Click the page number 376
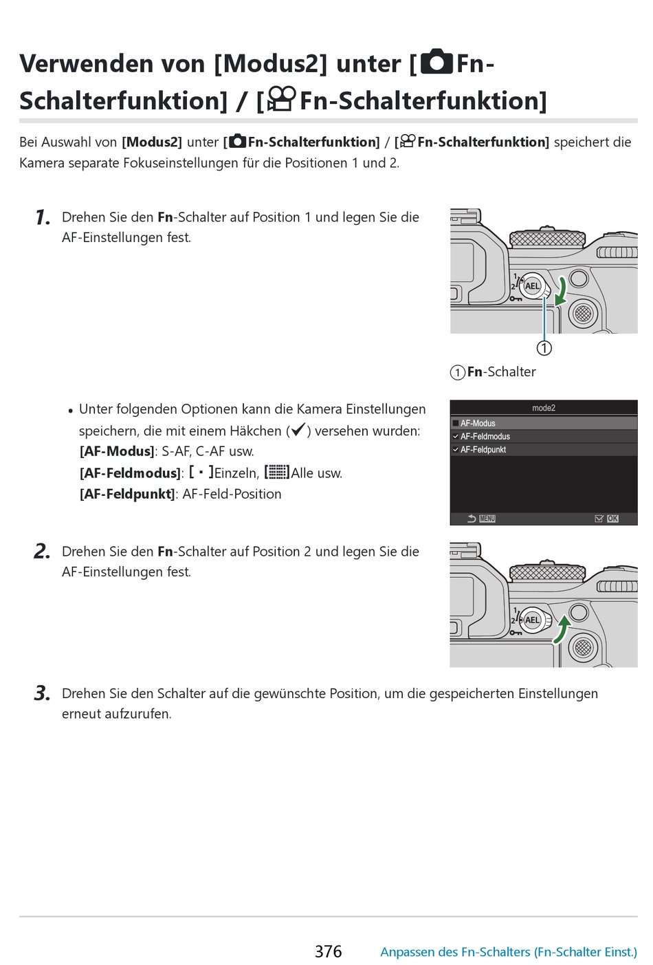pyautogui.click(x=328, y=951)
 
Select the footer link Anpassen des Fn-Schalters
pyautogui.click(x=508, y=952)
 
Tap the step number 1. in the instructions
pyautogui.click(x=43, y=218)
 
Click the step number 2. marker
pyautogui.click(x=42, y=552)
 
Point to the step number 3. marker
pyautogui.click(x=42, y=693)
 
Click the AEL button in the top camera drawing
pyautogui.click(x=532, y=286)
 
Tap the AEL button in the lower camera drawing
pyautogui.click(x=532, y=620)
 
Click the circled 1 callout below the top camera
pyautogui.click(x=544, y=348)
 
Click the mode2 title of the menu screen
pyautogui.click(x=544, y=408)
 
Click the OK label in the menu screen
pyautogui.click(x=612, y=519)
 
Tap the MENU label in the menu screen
pyautogui.click(x=487, y=519)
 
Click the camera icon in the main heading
pyautogui.click(x=436, y=62)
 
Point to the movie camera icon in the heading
pyautogui.click(x=281, y=99)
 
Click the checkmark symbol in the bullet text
pyautogui.click(x=298, y=431)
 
